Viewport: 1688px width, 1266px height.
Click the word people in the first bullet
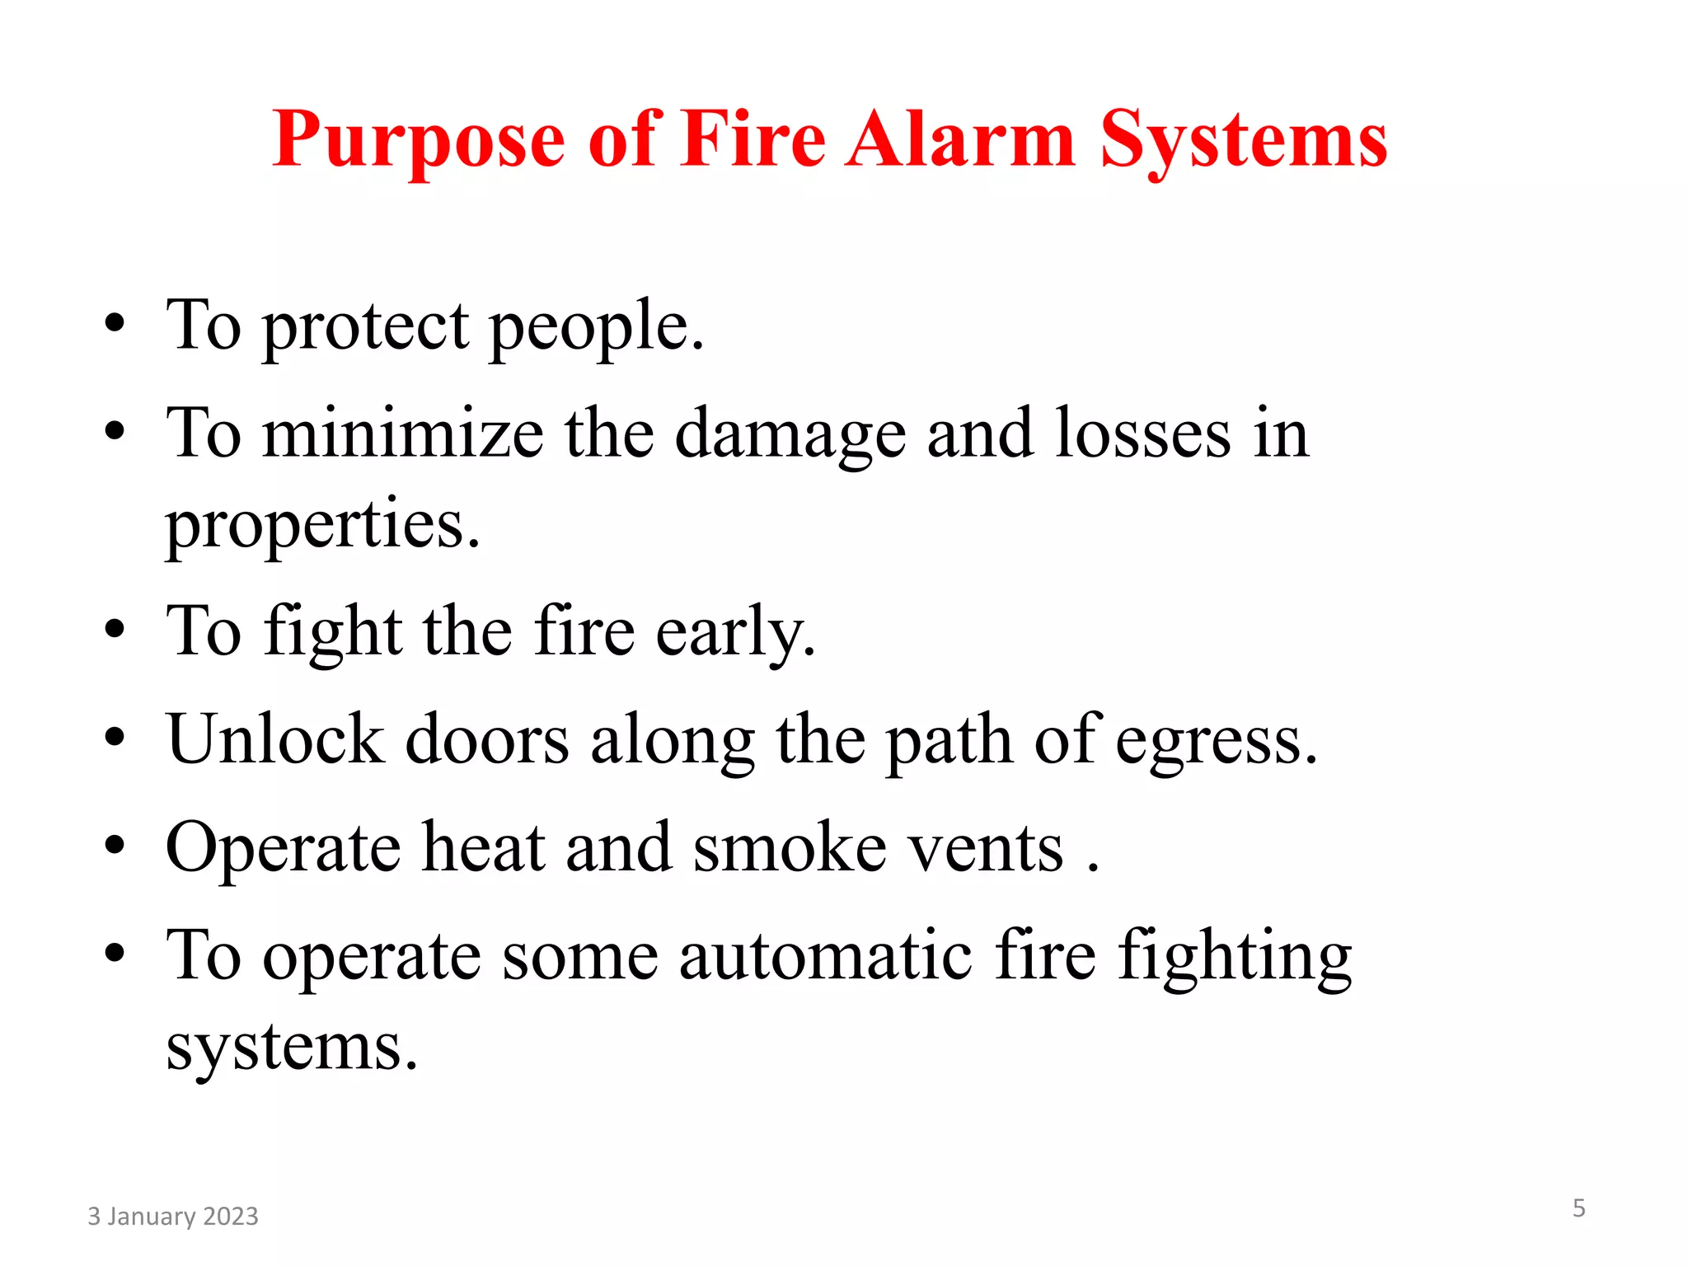(x=597, y=327)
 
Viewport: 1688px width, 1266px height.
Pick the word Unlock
(x=275, y=739)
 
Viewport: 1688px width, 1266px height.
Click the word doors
(x=487, y=739)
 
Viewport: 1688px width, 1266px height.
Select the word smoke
(x=790, y=848)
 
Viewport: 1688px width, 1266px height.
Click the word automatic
(x=826, y=956)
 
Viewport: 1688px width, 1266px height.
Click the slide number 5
(x=1578, y=1208)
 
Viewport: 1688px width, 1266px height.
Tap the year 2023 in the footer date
(x=230, y=1217)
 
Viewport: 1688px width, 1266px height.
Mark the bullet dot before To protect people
(x=115, y=323)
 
